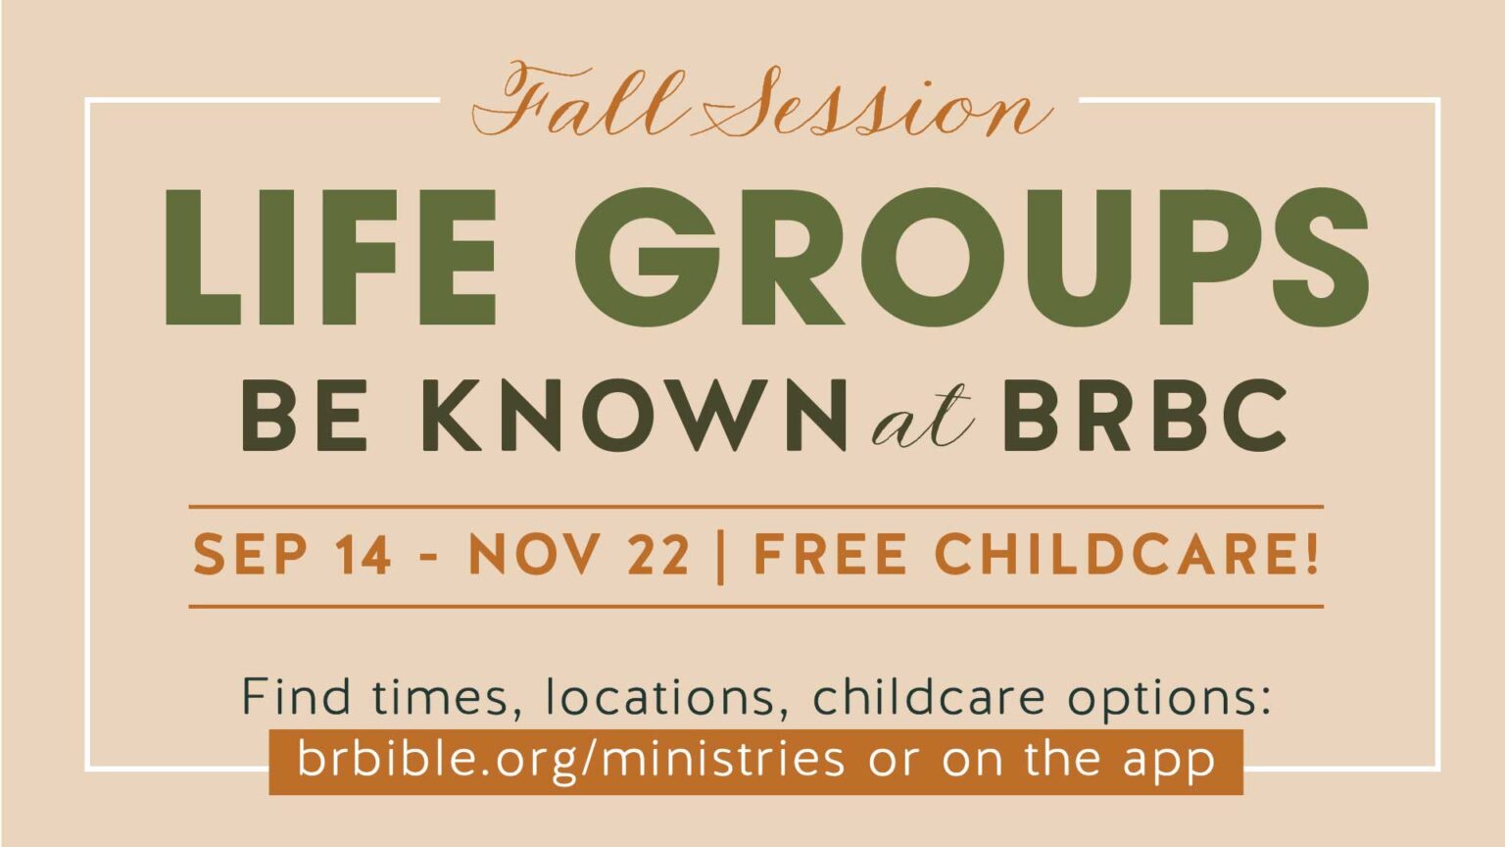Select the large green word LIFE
[330, 258]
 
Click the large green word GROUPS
[972, 258]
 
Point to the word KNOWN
[634, 416]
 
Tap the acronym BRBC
[1144, 416]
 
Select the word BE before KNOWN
[305, 416]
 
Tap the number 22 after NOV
[658, 555]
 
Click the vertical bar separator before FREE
[721, 557]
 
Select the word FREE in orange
[831, 555]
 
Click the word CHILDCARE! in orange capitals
[1127, 555]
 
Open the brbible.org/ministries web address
[571, 760]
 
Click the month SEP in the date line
[251, 555]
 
